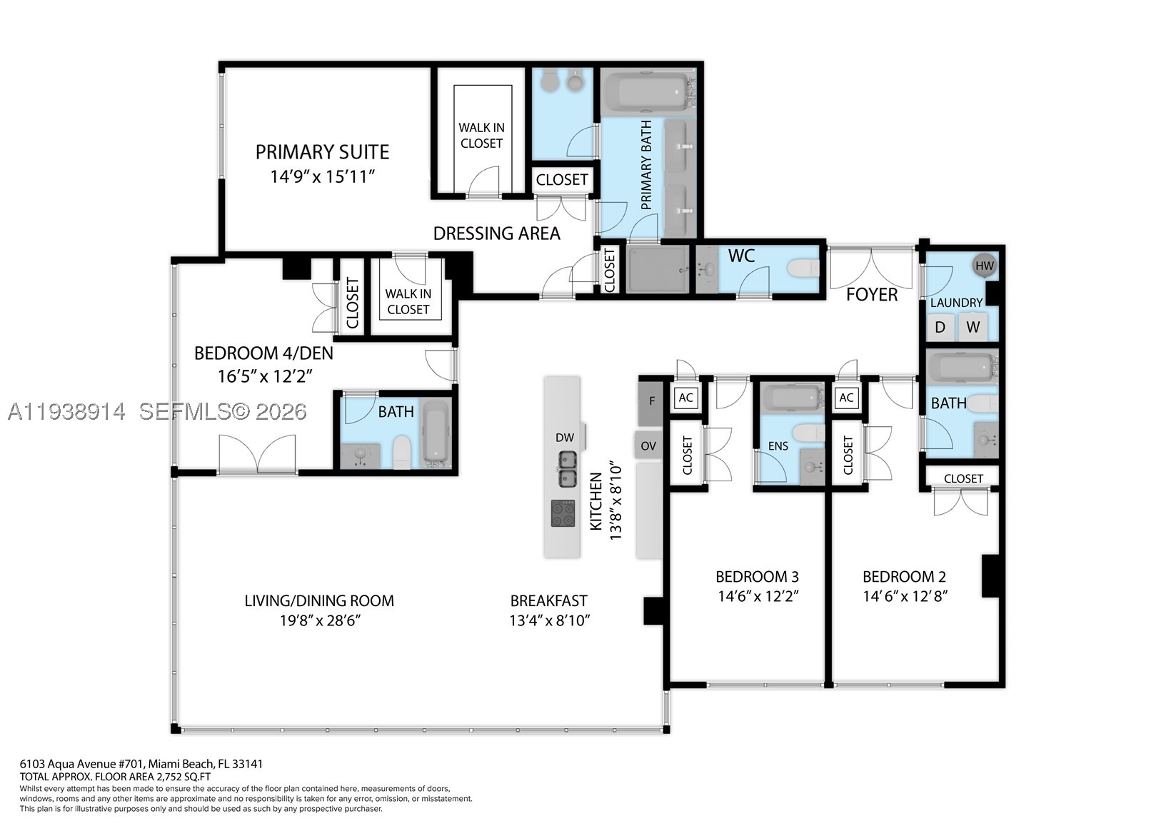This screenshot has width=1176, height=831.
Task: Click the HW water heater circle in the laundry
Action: pos(985,266)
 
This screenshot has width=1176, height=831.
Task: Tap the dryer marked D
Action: pos(940,326)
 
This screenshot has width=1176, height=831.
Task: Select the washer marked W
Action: pos(973,326)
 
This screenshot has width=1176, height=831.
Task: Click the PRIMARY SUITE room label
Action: pos(322,152)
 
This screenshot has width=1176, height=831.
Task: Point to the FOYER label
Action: pos(872,295)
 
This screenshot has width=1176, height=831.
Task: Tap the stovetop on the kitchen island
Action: pos(563,513)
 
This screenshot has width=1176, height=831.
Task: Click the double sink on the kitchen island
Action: pos(566,469)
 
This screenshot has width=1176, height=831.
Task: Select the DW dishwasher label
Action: pos(565,438)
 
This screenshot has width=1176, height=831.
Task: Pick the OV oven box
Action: pos(648,445)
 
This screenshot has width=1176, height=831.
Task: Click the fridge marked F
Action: pos(651,403)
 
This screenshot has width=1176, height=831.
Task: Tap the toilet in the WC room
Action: pos(803,268)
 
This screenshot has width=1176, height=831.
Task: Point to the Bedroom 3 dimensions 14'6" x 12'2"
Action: pos(758,596)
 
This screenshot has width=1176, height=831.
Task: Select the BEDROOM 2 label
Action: pos(904,576)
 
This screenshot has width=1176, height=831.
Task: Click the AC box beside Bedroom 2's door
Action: pos(846,398)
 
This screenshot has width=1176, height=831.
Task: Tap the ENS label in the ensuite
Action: pos(778,445)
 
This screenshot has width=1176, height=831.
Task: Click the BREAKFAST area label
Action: pos(548,600)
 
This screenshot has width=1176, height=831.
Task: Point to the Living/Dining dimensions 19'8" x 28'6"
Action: pos(320,620)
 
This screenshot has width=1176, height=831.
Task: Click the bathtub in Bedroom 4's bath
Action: pos(436,433)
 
